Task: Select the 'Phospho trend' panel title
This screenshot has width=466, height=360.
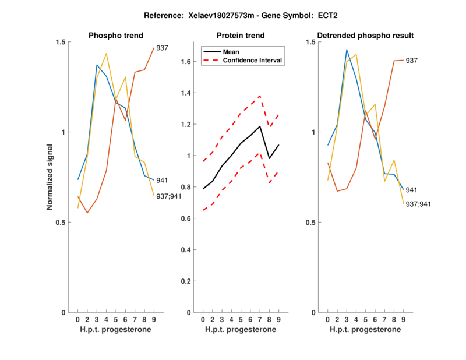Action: click(115, 36)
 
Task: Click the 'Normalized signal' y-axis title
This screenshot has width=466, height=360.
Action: click(50, 177)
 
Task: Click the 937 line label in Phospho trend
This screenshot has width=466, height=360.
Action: click(163, 48)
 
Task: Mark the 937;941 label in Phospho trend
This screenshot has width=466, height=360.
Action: click(169, 196)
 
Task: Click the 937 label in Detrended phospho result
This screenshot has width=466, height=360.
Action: click(412, 61)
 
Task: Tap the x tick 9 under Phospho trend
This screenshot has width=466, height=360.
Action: click(154, 320)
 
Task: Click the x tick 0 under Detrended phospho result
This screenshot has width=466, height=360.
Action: click(328, 320)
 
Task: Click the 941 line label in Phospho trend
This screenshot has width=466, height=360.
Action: click(163, 181)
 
